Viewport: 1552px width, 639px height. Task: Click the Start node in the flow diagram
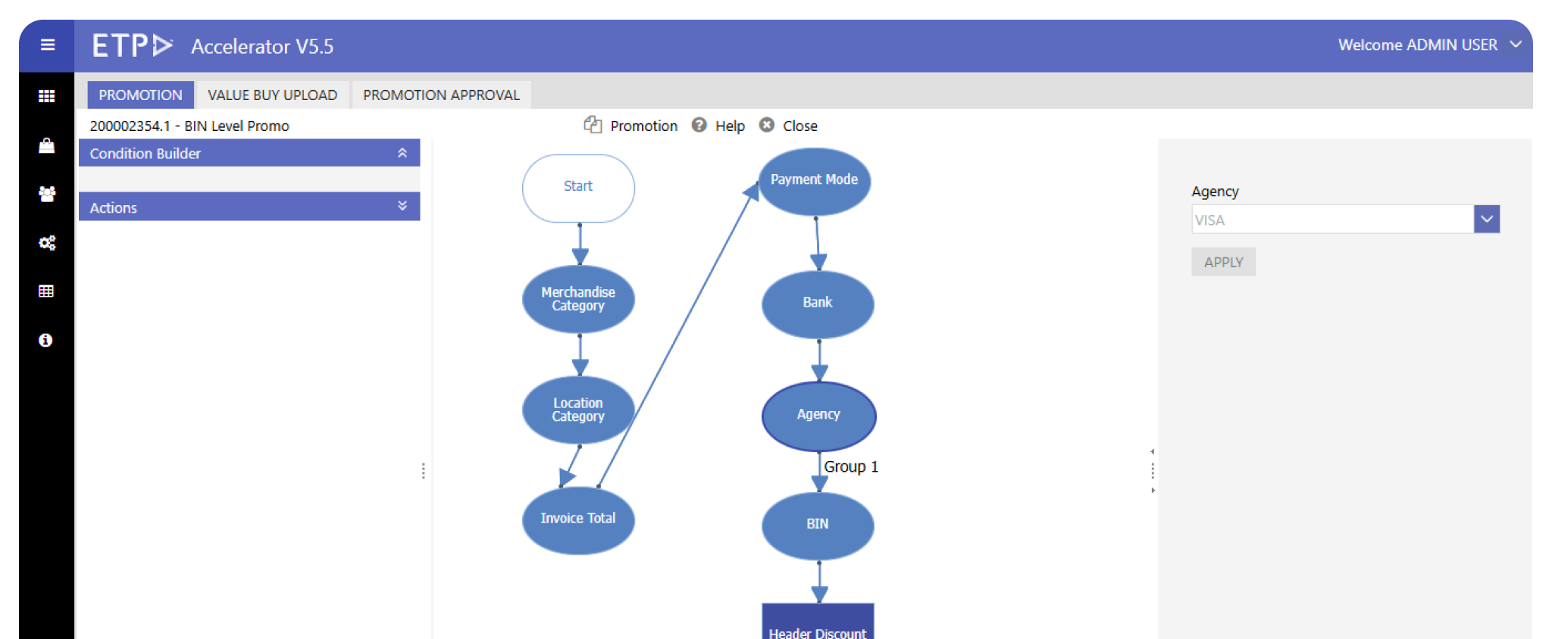tap(578, 188)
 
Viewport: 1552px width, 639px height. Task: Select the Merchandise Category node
tap(578, 299)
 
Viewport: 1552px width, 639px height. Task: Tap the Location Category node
tap(578, 410)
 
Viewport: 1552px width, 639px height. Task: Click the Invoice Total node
tap(578, 519)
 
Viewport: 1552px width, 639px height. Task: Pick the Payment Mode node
tap(815, 181)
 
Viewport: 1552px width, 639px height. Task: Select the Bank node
tap(818, 304)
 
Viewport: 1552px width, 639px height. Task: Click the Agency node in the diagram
tap(818, 416)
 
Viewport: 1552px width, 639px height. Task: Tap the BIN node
tap(818, 525)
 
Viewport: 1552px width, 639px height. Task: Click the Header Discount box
tap(818, 625)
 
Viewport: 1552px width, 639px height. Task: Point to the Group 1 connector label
tap(850, 467)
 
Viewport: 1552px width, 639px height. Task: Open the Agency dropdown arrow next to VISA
tap(1487, 220)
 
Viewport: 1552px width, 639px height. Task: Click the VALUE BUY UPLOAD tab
tap(272, 95)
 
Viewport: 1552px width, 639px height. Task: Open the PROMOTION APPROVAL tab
tap(441, 95)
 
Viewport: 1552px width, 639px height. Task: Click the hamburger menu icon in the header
tap(47, 45)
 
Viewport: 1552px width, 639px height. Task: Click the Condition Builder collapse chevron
tap(402, 153)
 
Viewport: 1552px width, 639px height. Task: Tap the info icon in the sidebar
tap(46, 341)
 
